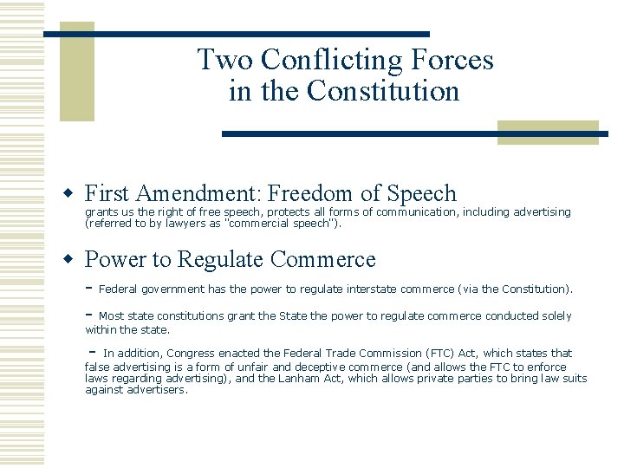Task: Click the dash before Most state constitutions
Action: tap(89, 315)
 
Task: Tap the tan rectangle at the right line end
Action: tap(548, 132)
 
